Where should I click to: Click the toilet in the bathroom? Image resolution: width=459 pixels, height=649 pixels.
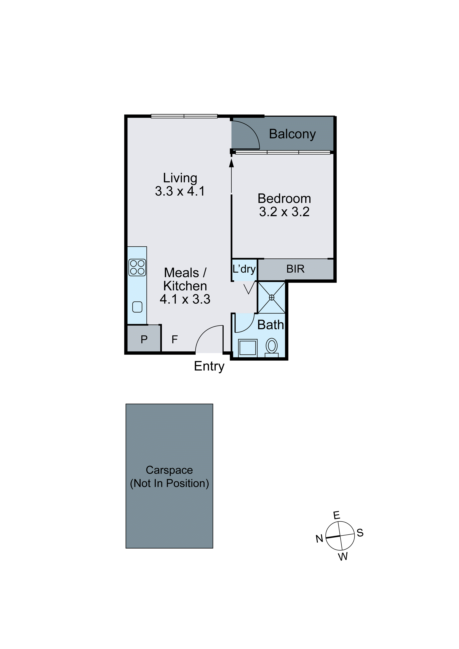coord(272,347)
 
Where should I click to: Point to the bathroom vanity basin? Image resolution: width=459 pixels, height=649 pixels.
coord(248,347)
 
